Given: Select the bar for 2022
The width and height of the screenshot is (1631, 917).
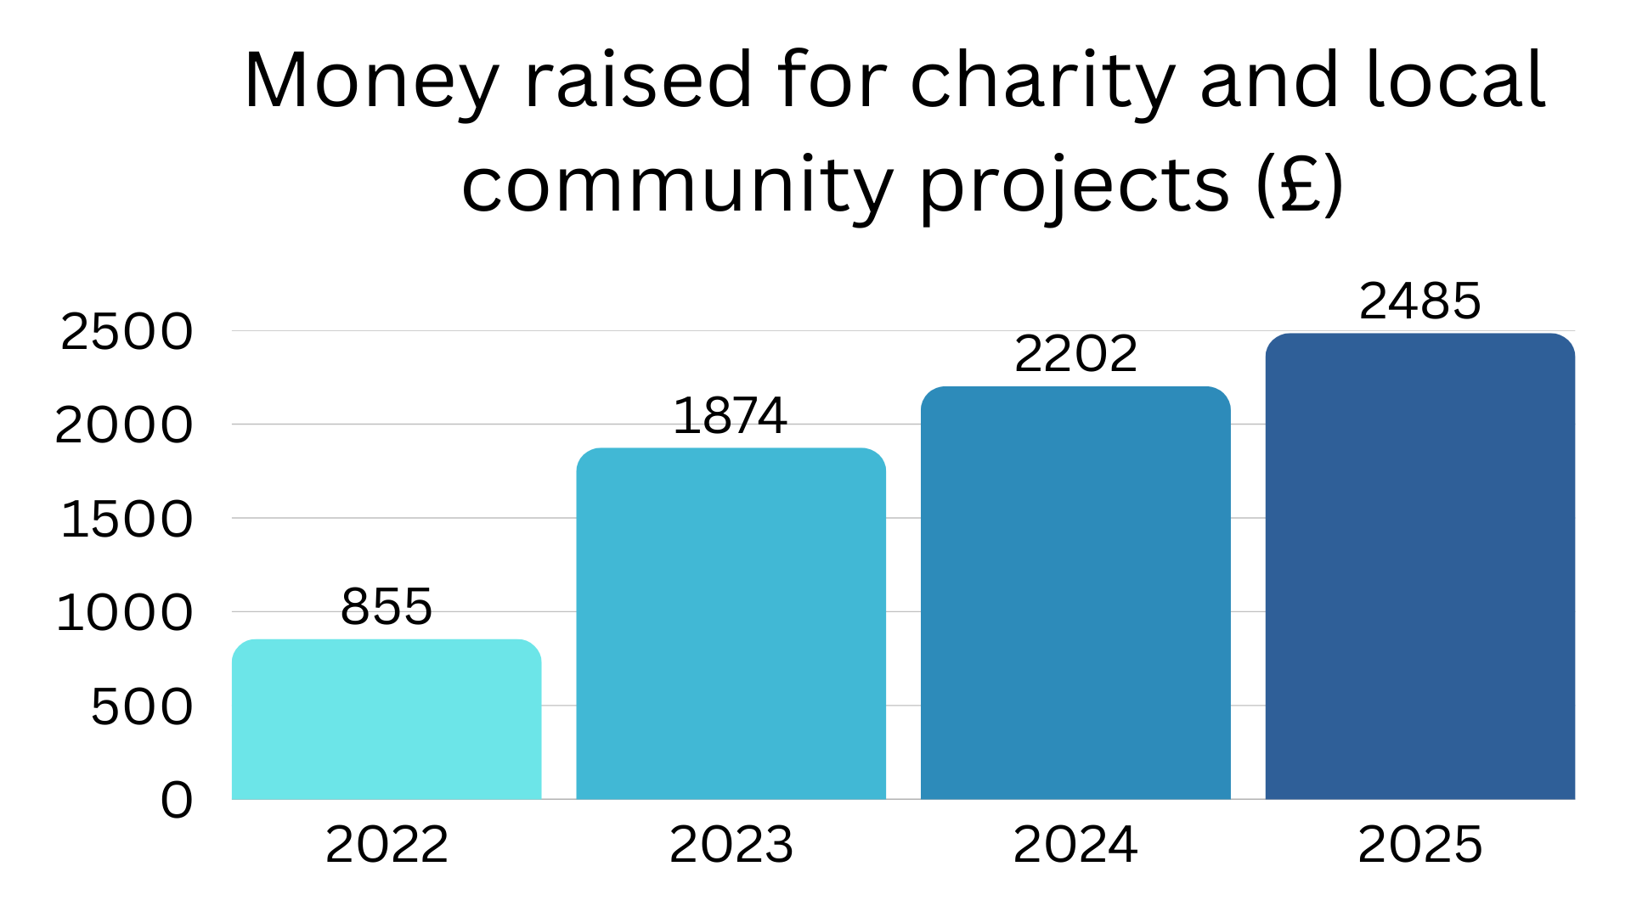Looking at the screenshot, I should (x=387, y=719).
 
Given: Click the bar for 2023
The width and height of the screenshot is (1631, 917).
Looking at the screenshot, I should (x=731, y=623).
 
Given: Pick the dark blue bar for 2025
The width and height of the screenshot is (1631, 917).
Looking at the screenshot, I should (x=1419, y=566).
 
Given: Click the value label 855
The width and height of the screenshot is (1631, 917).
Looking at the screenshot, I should (x=387, y=606).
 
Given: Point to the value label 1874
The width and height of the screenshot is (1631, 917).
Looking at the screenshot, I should (x=730, y=416).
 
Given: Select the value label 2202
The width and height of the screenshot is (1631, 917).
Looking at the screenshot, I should (x=1075, y=354).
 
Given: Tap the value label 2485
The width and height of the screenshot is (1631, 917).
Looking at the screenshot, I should (x=1419, y=301).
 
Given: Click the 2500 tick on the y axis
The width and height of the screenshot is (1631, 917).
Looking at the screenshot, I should (x=127, y=331).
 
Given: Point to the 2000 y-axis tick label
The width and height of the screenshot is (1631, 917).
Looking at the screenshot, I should (x=124, y=425).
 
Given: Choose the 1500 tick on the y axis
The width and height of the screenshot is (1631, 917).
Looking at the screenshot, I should (x=127, y=519).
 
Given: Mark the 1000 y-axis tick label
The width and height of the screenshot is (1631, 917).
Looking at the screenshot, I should (x=124, y=612).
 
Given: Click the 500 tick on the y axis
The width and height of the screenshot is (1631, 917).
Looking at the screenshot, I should (x=142, y=706).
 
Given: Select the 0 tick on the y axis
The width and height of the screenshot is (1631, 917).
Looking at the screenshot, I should (x=177, y=800).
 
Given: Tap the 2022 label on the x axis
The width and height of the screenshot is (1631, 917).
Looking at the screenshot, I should (x=387, y=845).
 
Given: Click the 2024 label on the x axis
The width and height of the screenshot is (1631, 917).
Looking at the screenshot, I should (x=1075, y=845).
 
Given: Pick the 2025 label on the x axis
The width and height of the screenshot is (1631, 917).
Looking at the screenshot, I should (x=1419, y=845).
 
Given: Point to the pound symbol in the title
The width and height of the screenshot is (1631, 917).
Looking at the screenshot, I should (x=1299, y=183).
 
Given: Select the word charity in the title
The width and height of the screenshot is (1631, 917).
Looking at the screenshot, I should (x=1042, y=82).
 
